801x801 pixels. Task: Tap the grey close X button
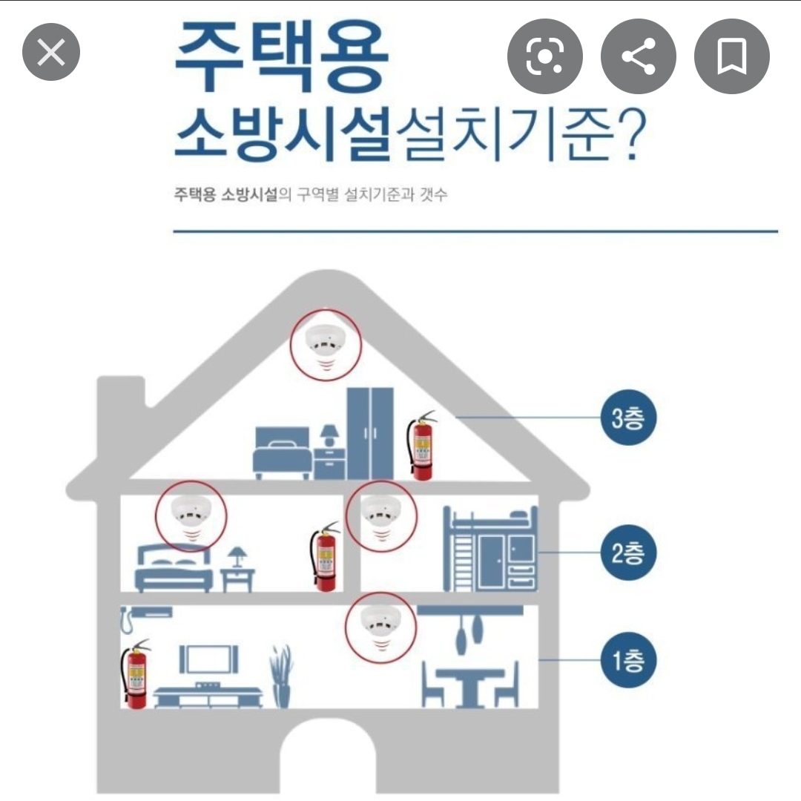[x=51, y=52]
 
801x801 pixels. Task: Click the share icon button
[x=639, y=56]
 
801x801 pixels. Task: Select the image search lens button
[x=545, y=56]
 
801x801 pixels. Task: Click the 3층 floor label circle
[x=628, y=418]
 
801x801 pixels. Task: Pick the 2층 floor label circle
[x=628, y=553]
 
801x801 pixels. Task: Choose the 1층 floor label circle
[x=628, y=660]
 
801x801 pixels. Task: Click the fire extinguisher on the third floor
[x=421, y=445]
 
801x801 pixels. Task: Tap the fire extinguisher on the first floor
[x=135, y=673]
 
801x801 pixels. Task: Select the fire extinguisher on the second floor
[x=326, y=556]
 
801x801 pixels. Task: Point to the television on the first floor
[x=208, y=659]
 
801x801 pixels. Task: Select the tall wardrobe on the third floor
[x=370, y=433]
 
